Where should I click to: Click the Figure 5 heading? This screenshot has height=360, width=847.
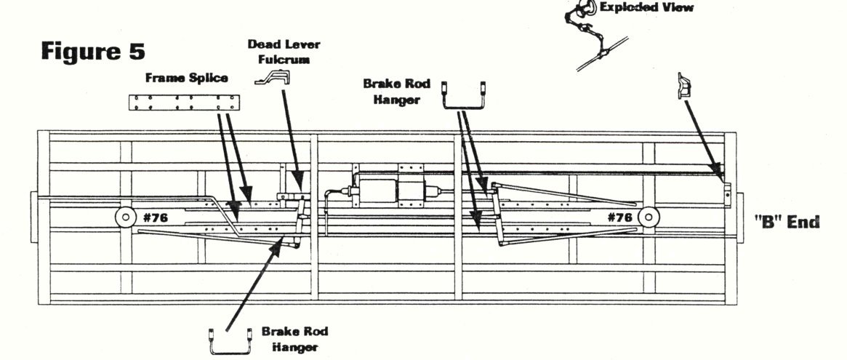click(93, 52)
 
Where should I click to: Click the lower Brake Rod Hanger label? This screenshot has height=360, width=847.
click(295, 339)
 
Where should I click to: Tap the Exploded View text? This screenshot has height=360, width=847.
click(646, 8)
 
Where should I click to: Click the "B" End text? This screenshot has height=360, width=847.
click(786, 222)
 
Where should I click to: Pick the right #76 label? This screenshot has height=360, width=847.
click(620, 217)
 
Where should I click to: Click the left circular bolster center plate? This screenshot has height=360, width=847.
click(125, 217)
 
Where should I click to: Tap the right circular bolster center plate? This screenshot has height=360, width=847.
click(649, 217)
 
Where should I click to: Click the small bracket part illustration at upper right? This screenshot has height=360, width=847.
click(683, 87)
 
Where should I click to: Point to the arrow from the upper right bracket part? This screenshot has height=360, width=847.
click(704, 139)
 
